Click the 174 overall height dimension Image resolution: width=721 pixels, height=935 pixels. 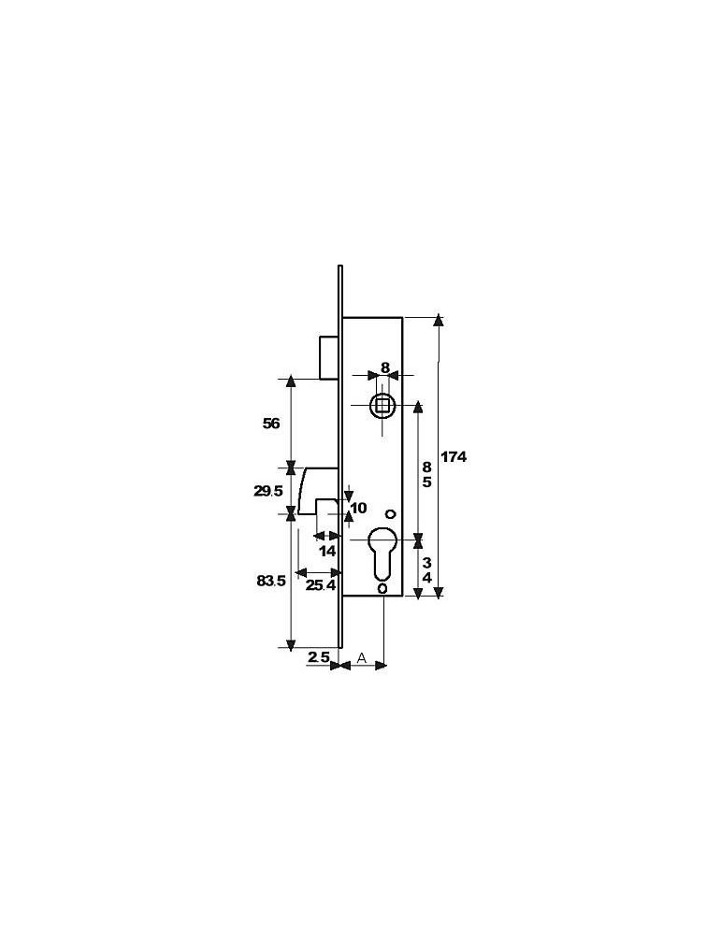pyautogui.click(x=454, y=457)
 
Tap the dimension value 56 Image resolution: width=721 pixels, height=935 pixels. pyautogui.click(x=271, y=424)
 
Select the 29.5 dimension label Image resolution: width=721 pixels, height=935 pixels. pyautogui.click(x=268, y=491)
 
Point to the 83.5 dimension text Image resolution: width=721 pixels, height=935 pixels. pyautogui.click(x=271, y=581)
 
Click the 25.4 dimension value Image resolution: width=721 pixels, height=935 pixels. pyautogui.click(x=321, y=585)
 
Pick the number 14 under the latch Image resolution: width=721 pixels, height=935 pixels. pyautogui.click(x=327, y=551)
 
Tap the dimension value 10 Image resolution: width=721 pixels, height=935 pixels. pyautogui.click(x=358, y=508)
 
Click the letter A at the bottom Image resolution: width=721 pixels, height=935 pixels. pyautogui.click(x=361, y=657)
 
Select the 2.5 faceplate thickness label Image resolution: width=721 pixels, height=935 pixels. pyautogui.click(x=319, y=657)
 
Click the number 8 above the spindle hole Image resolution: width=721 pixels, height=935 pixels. pyautogui.click(x=385, y=367)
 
